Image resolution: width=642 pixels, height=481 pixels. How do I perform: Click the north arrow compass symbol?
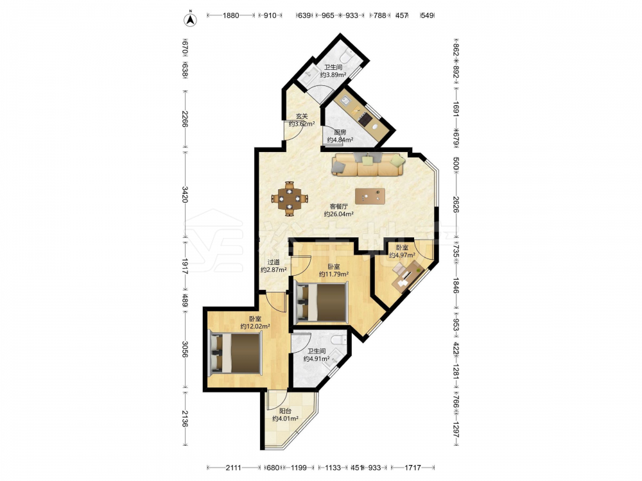tap(189, 19)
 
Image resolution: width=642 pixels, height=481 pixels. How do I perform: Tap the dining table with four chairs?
tap(290, 199)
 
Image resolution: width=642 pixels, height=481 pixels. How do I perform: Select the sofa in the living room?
tap(368, 164)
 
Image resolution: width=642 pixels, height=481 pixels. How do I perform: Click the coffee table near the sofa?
tap(370, 196)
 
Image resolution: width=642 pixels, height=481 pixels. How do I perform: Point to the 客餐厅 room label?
tap(339, 206)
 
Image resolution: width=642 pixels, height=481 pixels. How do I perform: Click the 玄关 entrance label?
tap(302, 116)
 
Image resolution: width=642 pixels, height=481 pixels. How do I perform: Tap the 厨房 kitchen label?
tap(340, 132)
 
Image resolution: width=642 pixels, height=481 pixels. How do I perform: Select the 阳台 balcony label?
tap(286, 411)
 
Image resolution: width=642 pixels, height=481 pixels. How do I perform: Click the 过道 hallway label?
tap(273, 262)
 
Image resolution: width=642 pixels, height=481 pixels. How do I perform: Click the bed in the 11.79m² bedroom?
tap(322, 302)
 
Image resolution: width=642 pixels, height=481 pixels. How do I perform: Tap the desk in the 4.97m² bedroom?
tap(407, 277)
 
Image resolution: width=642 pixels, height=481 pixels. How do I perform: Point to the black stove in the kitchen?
tap(365, 118)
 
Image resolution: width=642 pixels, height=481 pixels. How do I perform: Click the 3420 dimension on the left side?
tap(185, 194)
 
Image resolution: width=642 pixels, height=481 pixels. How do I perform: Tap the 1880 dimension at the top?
tap(231, 15)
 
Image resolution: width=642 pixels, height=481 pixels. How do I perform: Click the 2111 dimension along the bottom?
tap(234, 468)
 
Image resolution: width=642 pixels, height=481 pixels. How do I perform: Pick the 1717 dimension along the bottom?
tap(413, 468)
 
